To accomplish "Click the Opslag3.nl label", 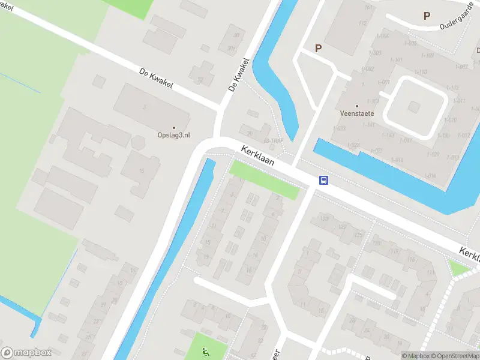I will [174, 136].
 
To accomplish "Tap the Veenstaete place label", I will [357, 113].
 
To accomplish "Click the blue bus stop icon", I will [323, 180].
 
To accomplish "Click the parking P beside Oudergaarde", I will [427, 16].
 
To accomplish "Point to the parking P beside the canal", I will [318, 48].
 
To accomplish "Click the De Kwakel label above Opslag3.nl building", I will [156, 79].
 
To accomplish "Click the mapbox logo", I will [26, 353].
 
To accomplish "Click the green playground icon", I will [205, 352].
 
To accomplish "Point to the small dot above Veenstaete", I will [357, 106].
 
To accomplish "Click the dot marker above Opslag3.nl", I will [174, 128].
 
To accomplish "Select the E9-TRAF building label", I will [273, 142].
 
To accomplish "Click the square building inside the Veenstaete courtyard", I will [413, 106].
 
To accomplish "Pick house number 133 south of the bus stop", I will [324, 218].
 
